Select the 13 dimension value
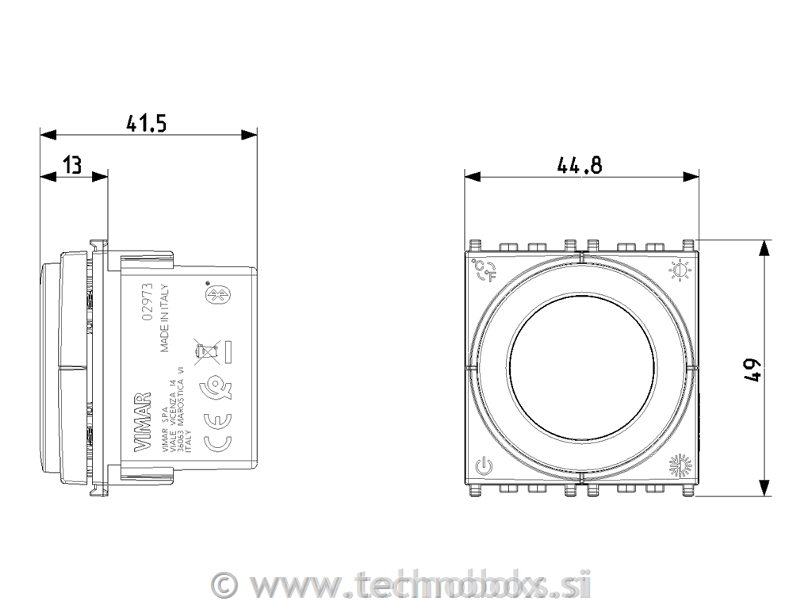(x=72, y=165)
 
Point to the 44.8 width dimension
(x=580, y=165)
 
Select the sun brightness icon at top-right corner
(x=680, y=272)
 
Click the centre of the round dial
(x=581, y=368)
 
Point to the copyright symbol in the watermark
(x=227, y=585)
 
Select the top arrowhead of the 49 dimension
(x=764, y=247)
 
